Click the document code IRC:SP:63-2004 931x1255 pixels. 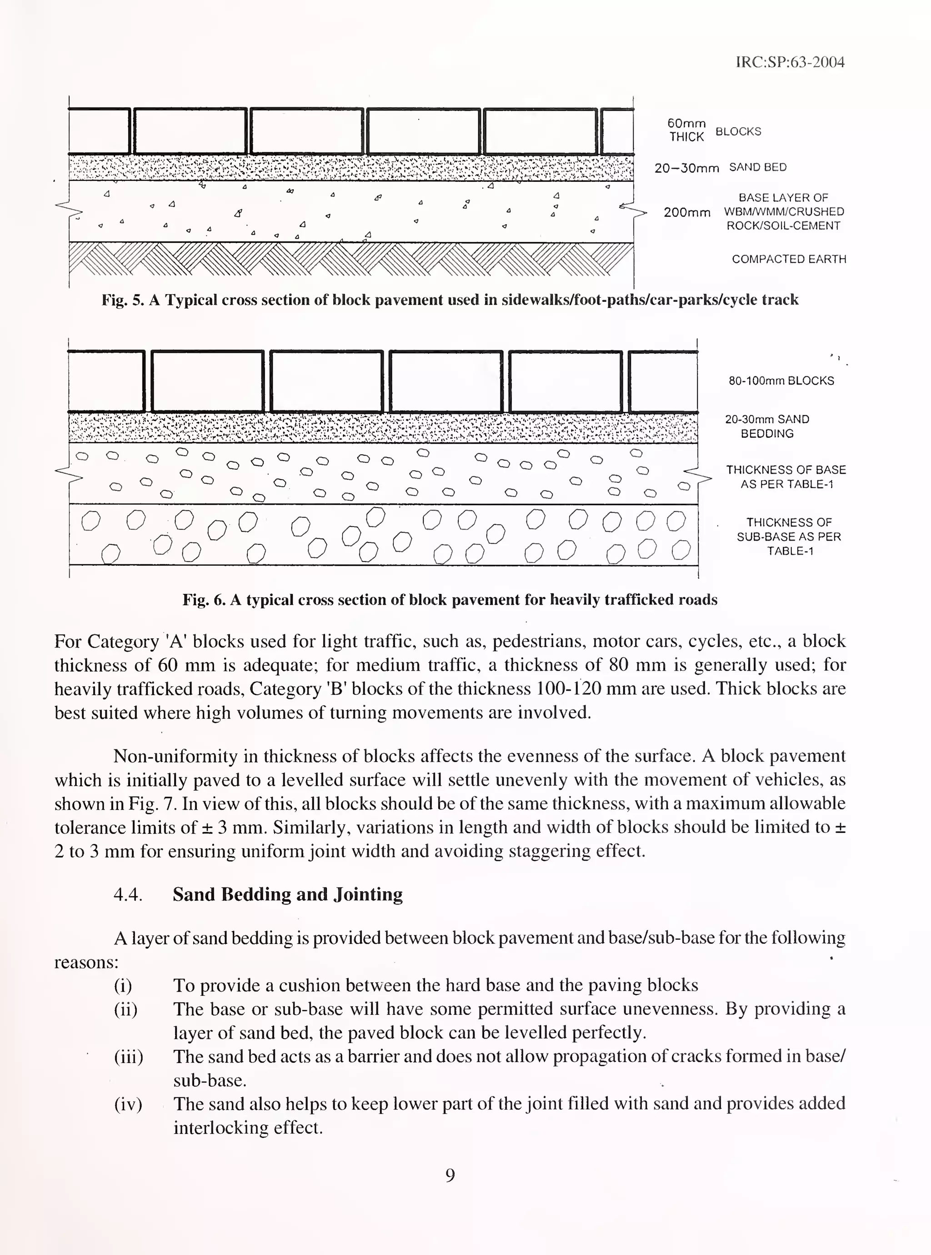[790, 62]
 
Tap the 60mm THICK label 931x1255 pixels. [686, 130]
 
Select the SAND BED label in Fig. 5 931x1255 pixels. [757, 167]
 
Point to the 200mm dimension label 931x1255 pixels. [686, 212]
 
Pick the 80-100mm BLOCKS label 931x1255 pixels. [781, 381]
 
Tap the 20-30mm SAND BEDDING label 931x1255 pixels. [766, 427]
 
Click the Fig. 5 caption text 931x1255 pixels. [450, 300]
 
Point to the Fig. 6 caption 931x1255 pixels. [450, 600]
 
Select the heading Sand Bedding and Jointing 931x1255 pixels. [287, 895]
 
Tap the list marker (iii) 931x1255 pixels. [129, 1057]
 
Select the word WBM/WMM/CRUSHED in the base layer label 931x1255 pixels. [783, 212]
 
